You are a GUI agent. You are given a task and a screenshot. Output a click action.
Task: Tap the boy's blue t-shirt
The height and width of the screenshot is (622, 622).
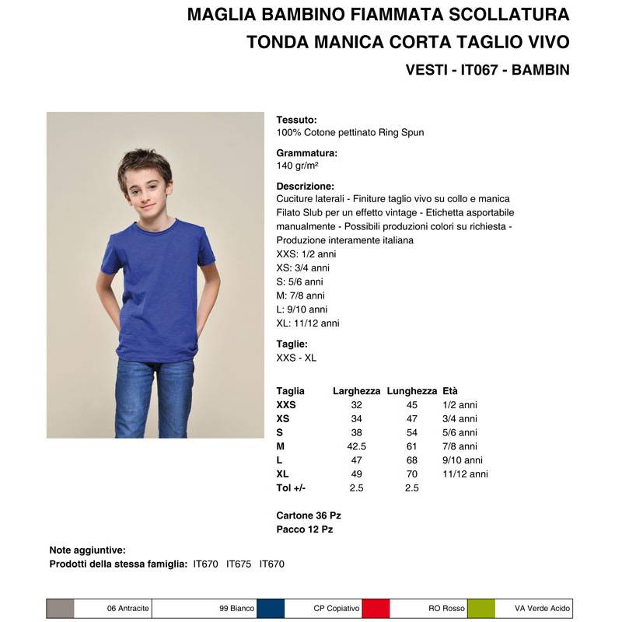point(159,280)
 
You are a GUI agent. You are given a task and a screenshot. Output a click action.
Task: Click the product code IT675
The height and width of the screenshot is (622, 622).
point(239,564)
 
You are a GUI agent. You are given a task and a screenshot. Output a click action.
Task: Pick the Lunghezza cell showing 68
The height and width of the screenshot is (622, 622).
point(412,460)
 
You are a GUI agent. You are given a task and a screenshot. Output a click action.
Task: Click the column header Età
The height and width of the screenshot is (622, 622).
point(450,391)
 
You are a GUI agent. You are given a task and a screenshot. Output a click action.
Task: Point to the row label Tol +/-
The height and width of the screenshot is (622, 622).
point(292,487)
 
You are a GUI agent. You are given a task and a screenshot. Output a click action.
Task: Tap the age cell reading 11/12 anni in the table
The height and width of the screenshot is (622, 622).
point(465,473)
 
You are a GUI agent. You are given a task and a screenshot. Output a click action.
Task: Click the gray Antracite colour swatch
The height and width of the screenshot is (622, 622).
point(61,608)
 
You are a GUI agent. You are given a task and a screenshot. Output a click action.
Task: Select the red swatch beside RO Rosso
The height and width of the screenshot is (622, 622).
point(376,608)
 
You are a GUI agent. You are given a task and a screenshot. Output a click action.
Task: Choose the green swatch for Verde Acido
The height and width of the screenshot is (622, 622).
point(481,608)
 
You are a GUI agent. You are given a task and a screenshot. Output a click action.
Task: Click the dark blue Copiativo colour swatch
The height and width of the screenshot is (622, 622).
point(270,608)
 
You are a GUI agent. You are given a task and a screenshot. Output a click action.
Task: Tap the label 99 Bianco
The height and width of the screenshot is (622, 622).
point(236,608)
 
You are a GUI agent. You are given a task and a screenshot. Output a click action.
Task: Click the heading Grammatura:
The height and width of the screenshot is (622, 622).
point(306,153)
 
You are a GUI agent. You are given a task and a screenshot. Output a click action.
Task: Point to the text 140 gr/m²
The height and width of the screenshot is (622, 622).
point(297,166)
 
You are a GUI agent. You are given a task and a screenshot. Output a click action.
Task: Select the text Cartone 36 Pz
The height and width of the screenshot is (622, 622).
point(309,515)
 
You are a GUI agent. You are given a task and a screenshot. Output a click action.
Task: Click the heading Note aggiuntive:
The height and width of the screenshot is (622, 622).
point(87,550)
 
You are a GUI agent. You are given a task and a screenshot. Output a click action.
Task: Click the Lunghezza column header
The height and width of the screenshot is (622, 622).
point(412,391)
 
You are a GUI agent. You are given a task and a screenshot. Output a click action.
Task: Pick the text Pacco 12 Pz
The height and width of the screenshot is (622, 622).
point(305,529)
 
